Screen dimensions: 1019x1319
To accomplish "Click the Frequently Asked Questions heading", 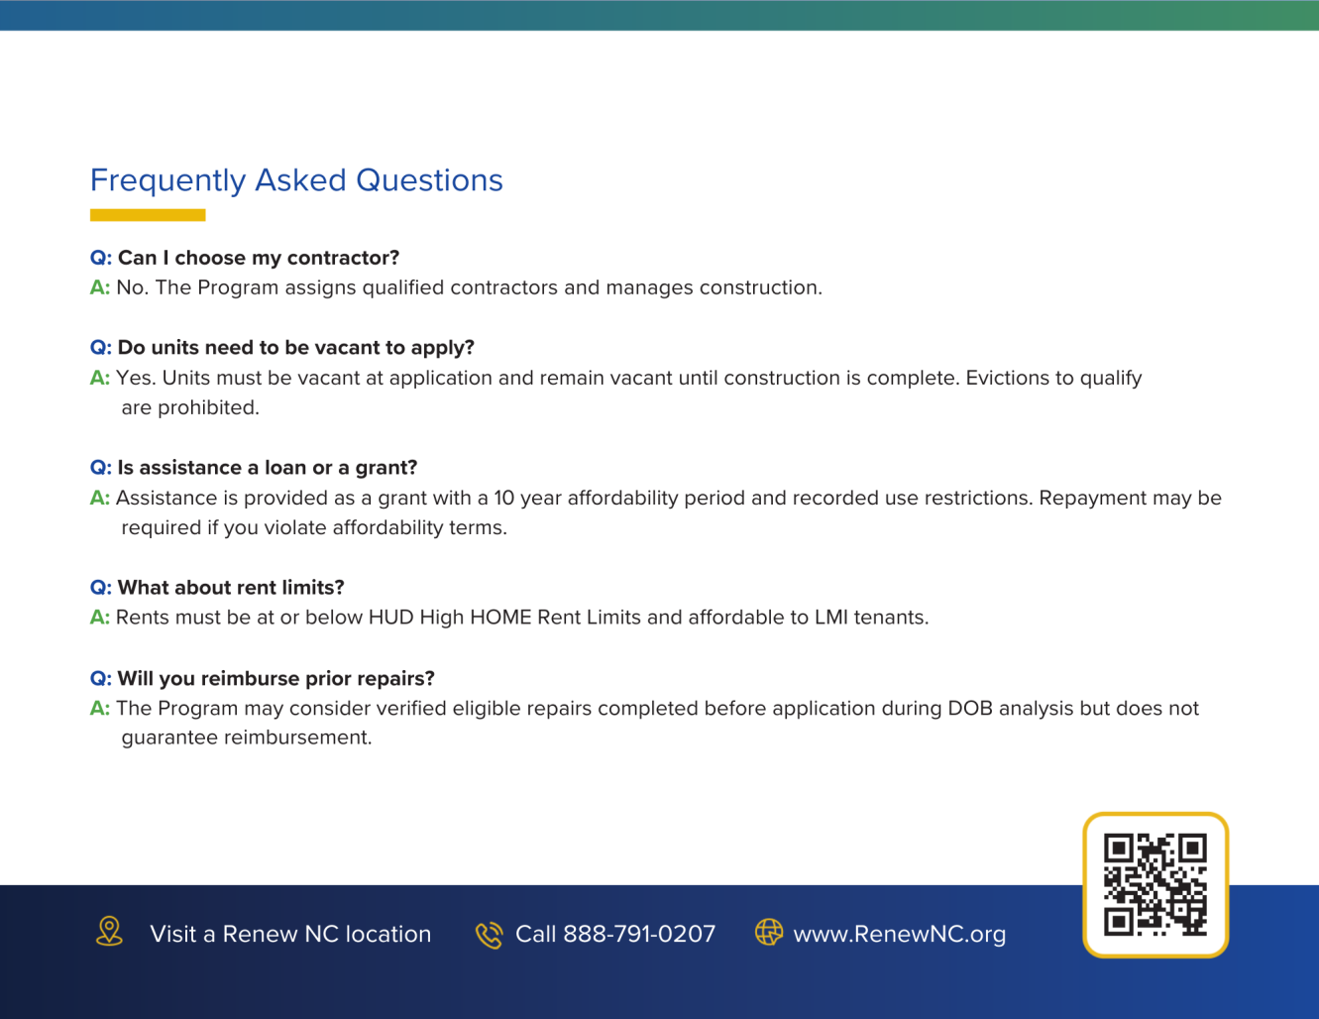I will click(296, 180).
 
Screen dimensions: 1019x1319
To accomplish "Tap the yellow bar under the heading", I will click(148, 215).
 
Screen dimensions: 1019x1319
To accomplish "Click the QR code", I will click(1155, 885).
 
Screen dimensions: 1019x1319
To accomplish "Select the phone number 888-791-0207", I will click(638, 934).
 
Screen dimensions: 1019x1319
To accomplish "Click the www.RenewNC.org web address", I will click(899, 934).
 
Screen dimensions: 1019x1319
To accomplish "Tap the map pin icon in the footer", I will click(109, 932).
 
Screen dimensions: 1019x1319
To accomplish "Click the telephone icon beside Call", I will click(489, 934).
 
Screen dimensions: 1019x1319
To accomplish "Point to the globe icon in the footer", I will click(769, 932).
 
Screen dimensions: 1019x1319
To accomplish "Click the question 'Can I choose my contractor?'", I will click(258, 258).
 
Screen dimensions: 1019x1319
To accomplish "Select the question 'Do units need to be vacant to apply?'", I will click(295, 348).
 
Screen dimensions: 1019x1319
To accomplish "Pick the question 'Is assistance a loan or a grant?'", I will click(267, 468).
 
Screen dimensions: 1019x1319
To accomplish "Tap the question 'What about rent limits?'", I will click(230, 588).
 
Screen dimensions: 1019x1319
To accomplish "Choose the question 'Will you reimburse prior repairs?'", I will click(275, 679).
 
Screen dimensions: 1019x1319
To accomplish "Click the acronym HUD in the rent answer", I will click(390, 618).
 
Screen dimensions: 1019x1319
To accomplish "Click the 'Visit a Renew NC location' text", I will click(290, 934).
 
